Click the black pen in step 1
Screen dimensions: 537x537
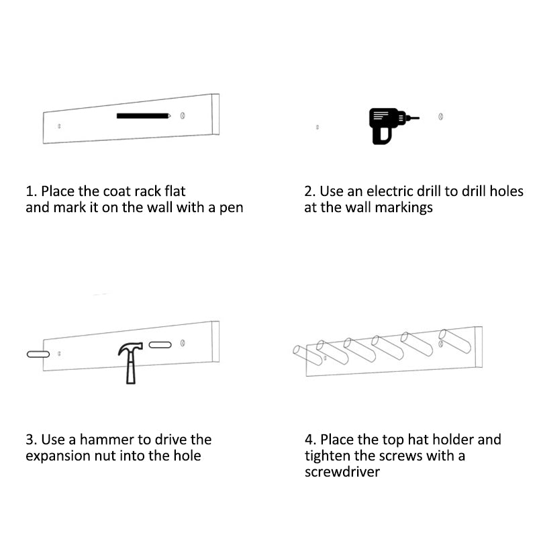144,115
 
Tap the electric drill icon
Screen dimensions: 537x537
391,126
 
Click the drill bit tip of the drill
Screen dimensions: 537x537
418,118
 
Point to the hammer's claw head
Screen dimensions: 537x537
130,347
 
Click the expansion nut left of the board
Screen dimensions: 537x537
38,354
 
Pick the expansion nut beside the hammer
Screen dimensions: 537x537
160,344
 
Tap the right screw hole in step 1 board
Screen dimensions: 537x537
183,115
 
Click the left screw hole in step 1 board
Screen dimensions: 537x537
59,126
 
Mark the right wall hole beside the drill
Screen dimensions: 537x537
441,117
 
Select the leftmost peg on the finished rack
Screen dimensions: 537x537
307,355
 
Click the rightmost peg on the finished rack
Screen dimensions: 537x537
455,340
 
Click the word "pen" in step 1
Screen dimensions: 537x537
231,208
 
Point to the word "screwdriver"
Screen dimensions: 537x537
342,472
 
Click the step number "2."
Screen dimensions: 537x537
310,191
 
